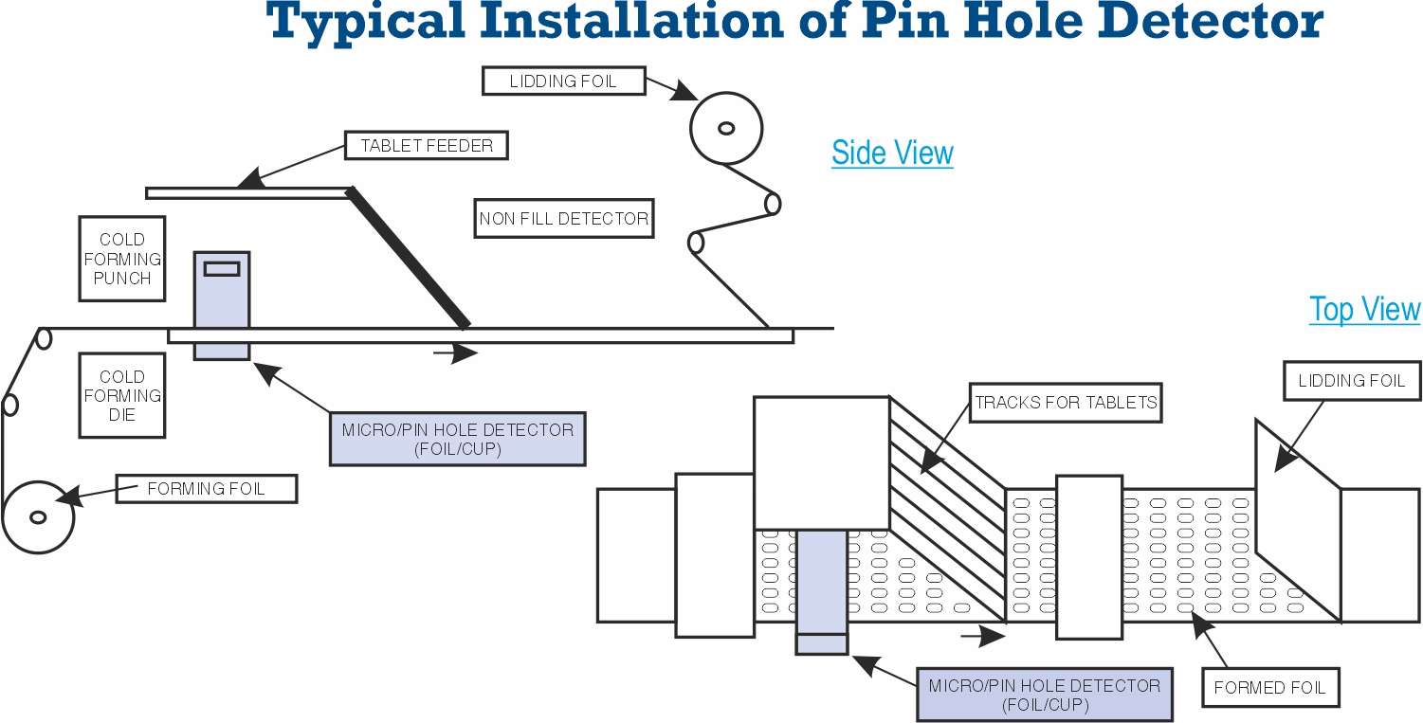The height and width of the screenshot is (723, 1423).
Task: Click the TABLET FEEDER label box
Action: (x=427, y=146)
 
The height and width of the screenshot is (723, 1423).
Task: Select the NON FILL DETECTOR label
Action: (x=564, y=219)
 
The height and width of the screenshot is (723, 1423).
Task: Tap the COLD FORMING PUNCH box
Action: (x=122, y=259)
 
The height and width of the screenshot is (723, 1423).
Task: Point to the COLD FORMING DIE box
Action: (x=122, y=395)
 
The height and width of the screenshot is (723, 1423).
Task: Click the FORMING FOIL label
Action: (x=206, y=489)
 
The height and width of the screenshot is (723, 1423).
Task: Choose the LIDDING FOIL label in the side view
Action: (x=563, y=81)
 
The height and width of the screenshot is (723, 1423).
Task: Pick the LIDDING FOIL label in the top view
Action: (x=1351, y=381)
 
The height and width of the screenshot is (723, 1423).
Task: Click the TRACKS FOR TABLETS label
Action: (x=1067, y=403)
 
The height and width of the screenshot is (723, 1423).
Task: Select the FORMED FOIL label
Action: (x=1269, y=688)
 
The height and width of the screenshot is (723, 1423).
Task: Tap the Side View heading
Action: (x=892, y=153)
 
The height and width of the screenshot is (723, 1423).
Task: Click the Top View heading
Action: (x=1364, y=310)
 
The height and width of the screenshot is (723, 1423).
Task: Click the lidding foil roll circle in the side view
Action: (x=726, y=128)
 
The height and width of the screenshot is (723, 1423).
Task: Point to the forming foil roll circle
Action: (x=38, y=517)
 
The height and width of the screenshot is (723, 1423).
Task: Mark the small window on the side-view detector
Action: (x=222, y=269)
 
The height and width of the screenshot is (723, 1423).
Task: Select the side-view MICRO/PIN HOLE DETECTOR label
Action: (x=457, y=439)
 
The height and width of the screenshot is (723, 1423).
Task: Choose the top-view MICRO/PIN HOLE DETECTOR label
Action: (x=1044, y=695)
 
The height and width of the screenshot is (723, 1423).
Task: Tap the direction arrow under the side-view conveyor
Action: (x=456, y=354)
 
